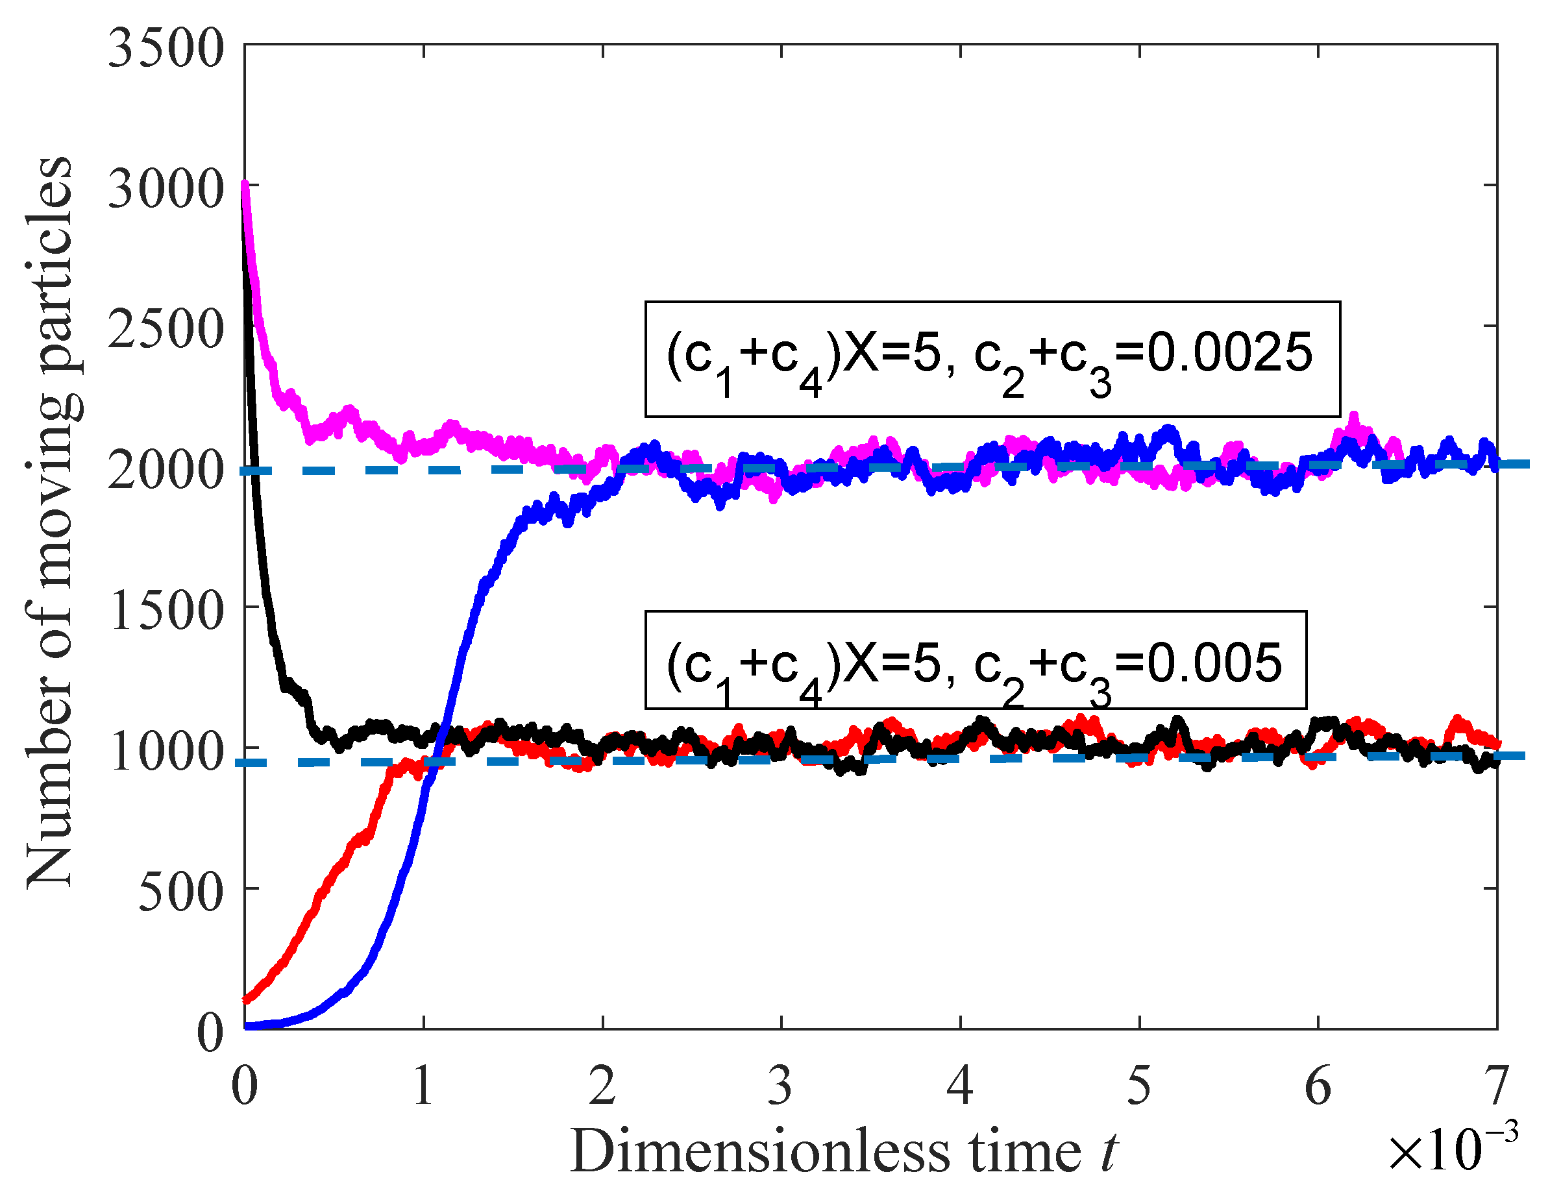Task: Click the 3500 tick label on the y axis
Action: tap(166, 50)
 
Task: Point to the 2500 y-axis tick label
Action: tap(166, 330)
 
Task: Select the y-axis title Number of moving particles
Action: tap(50, 523)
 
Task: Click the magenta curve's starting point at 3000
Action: tap(245, 186)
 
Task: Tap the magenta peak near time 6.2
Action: tap(1354, 419)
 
